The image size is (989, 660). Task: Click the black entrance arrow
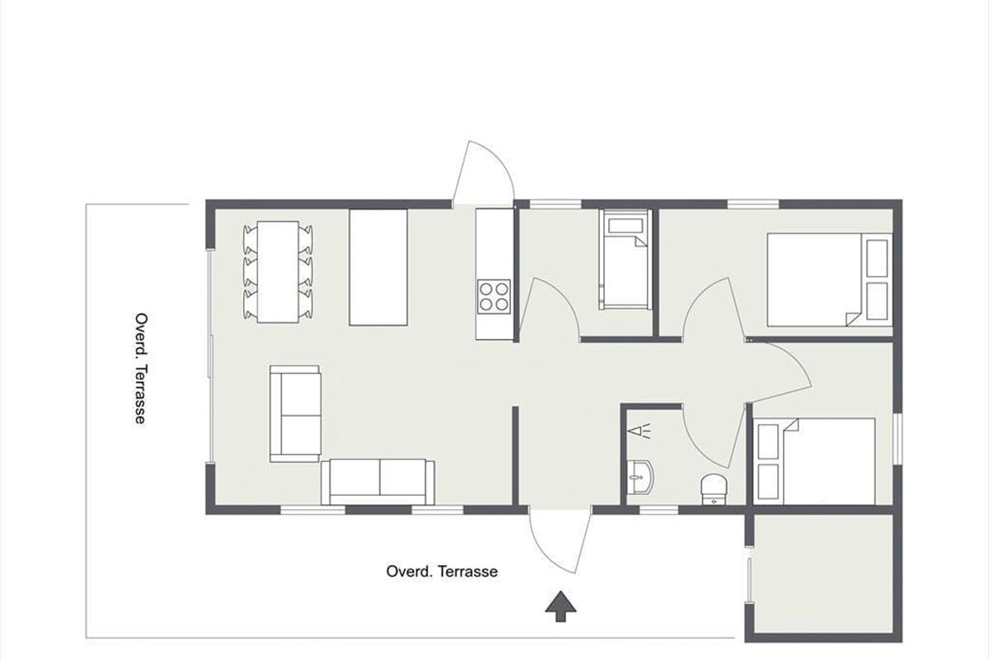560,606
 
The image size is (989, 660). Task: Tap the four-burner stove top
494,296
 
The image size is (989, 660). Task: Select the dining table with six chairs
278,272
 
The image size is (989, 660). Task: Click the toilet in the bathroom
714,489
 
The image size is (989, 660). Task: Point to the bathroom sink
640,477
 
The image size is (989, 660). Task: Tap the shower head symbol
640,431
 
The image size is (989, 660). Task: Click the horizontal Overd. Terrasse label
442,571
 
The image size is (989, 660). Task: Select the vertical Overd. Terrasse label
141,368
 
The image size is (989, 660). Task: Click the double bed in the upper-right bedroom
830,280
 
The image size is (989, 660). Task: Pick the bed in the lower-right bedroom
817,461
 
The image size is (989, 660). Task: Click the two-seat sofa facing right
295,414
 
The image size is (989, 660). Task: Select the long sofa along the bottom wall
378,483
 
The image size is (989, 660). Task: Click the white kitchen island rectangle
378,267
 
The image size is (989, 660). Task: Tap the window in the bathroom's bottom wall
659,511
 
